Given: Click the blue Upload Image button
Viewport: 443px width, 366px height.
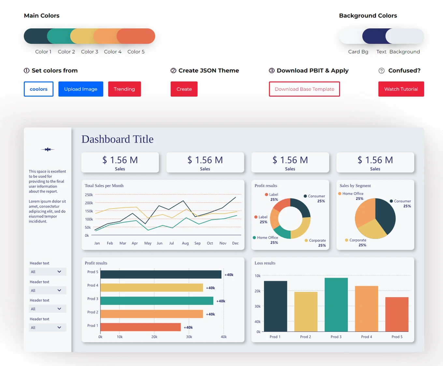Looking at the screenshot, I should tap(80, 89).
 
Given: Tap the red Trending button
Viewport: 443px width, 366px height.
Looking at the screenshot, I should tap(124, 89).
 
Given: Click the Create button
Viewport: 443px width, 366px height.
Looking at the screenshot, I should tap(184, 89).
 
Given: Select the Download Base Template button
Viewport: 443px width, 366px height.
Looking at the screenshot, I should tap(304, 89).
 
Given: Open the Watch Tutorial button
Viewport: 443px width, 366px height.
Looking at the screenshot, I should tap(401, 89).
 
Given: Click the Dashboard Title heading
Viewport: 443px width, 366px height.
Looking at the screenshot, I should tap(117, 139).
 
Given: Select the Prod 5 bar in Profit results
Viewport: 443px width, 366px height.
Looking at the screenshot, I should tap(161, 275).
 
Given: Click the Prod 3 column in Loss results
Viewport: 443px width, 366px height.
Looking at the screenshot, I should tap(336, 305).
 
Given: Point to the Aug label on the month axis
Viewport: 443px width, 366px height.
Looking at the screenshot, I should tap(185, 243).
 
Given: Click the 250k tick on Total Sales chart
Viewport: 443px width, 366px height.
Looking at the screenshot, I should tap(89, 195).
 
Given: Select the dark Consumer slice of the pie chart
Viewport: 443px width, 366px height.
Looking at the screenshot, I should tap(385, 215).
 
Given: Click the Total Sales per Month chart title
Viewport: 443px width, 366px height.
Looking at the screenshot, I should tap(104, 186).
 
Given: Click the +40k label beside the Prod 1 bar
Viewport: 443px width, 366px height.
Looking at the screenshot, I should tap(188, 328).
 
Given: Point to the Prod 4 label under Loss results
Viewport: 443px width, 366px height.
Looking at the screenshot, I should tap(366, 337).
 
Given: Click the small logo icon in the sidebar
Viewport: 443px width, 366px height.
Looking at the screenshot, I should tap(48, 150).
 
